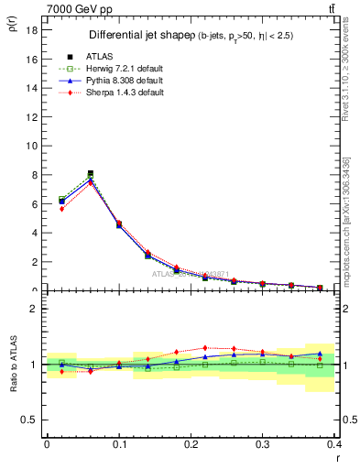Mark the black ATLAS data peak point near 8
(90, 173)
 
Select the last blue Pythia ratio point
(320, 354)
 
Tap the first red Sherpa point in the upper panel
(61, 209)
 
